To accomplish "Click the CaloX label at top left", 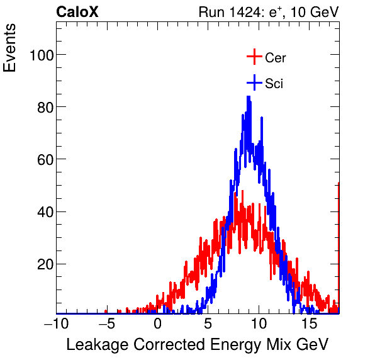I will click(x=77, y=12).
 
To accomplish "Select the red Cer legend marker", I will click(x=254, y=57).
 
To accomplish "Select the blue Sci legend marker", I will click(x=254, y=83).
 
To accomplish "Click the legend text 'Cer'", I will click(x=276, y=58).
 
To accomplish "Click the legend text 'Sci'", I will click(x=274, y=84).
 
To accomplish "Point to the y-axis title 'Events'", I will click(x=11, y=49).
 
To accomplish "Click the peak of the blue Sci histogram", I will click(x=249, y=98).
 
